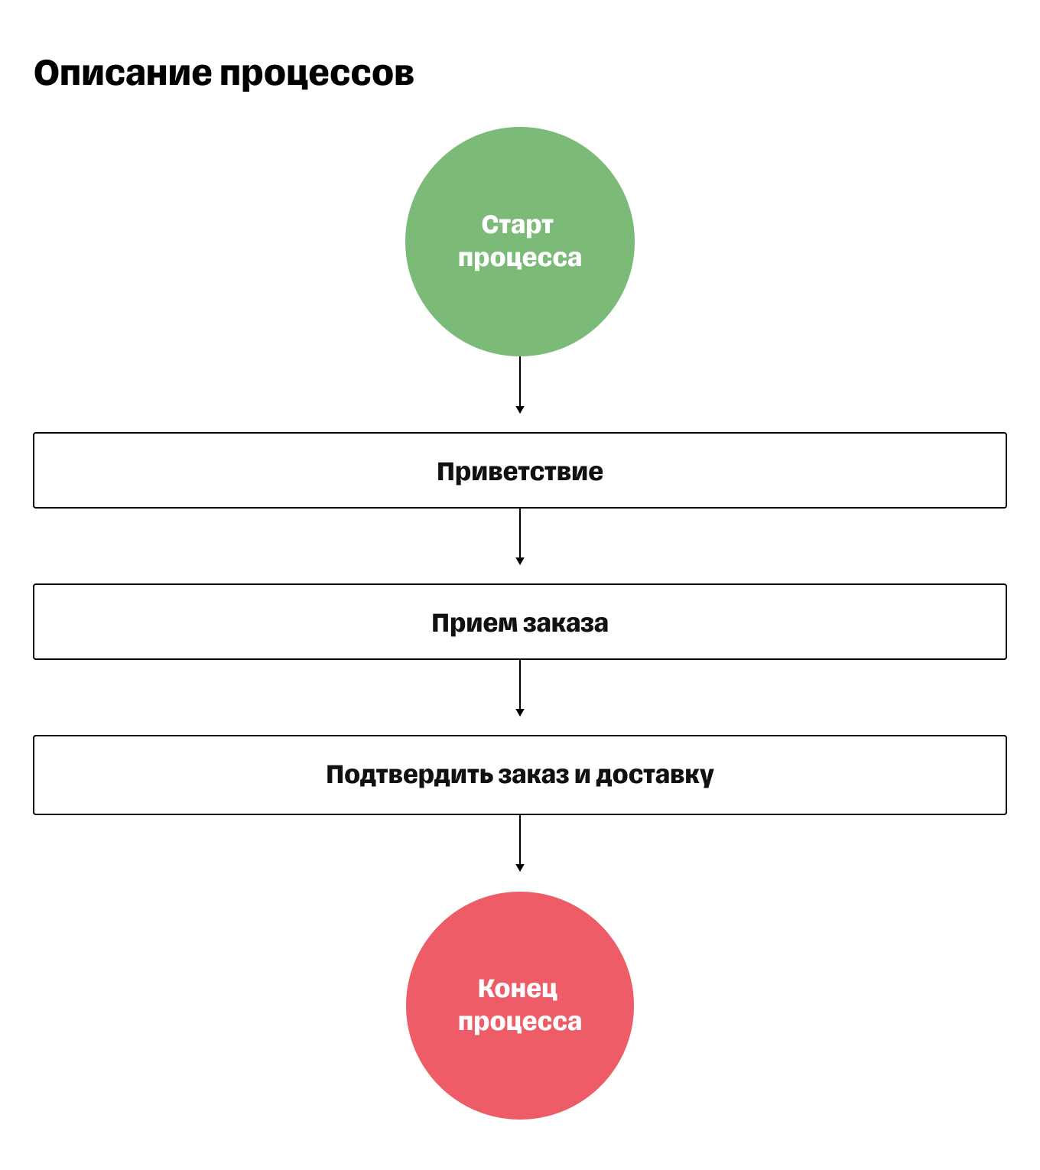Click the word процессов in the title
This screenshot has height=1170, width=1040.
[317, 74]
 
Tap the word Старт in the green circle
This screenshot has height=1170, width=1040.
[518, 225]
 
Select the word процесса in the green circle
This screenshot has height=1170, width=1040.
[520, 258]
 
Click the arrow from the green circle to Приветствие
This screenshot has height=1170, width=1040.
[520, 382]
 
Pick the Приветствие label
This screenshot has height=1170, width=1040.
[520, 471]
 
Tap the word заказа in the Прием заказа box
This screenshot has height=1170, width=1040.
[565, 622]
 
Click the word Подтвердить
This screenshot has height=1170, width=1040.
[409, 775]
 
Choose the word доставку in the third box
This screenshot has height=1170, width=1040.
[655, 775]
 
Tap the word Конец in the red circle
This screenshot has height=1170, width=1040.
[518, 989]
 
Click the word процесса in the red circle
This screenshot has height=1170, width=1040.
[520, 1022]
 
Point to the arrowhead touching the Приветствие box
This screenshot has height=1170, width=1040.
[520, 410]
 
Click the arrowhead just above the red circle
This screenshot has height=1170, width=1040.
[520, 867]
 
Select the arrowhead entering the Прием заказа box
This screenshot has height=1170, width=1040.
[520, 561]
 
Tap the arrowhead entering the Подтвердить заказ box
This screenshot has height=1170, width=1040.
[520, 713]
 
